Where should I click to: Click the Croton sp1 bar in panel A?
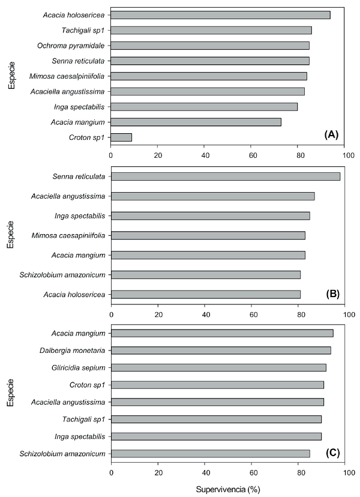121,137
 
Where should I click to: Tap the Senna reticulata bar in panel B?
226,176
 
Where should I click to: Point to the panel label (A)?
331,134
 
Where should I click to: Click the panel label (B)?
331,294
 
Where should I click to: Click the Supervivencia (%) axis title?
228,489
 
